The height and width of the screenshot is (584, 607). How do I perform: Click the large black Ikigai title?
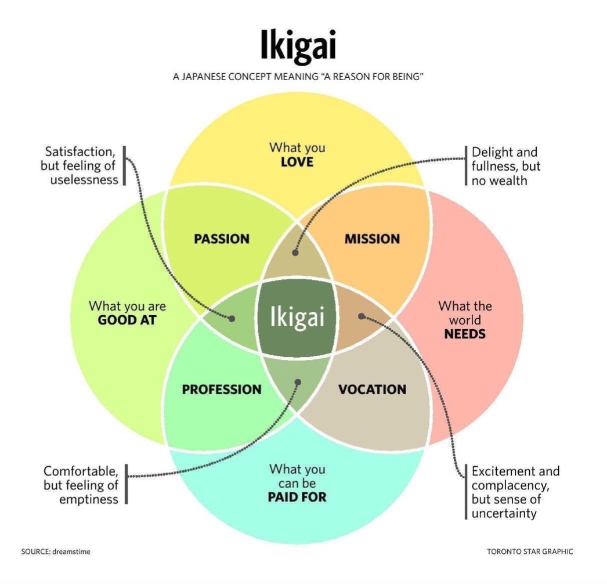pyautogui.click(x=298, y=46)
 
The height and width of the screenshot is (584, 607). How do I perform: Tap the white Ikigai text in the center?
pyautogui.click(x=297, y=317)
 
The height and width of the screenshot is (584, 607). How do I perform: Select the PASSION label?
pyautogui.click(x=222, y=239)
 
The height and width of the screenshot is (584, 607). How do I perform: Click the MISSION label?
pyautogui.click(x=372, y=239)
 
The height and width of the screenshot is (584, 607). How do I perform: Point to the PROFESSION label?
pyautogui.click(x=222, y=390)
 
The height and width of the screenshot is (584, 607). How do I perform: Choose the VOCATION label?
pyautogui.click(x=372, y=390)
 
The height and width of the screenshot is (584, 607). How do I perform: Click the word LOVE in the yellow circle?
pyautogui.click(x=297, y=163)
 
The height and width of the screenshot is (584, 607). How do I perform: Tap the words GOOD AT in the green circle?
pyautogui.click(x=127, y=320)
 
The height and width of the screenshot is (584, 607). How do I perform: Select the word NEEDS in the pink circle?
pyautogui.click(x=465, y=334)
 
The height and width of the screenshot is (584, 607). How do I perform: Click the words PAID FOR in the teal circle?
pyautogui.click(x=297, y=498)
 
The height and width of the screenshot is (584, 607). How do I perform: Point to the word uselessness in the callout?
pyautogui.click(x=84, y=180)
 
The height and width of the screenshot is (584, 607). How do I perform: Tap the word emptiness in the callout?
pyautogui.click(x=89, y=500)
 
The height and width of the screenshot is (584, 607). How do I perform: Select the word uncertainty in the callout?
pyautogui.click(x=504, y=514)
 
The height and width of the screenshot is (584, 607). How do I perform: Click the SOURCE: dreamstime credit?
pyautogui.click(x=55, y=551)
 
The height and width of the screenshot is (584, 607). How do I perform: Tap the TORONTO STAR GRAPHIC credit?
pyautogui.click(x=530, y=551)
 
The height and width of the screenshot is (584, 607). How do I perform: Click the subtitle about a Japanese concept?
pyautogui.click(x=298, y=77)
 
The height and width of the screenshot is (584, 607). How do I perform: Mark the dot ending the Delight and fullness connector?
pyautogui.click(x=295, y=253)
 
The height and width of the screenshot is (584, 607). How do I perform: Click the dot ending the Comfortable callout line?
pyautogui.click(x=298, y=383)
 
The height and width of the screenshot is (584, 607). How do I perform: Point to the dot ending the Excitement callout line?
pyautogui.click(x=361, y=316)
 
